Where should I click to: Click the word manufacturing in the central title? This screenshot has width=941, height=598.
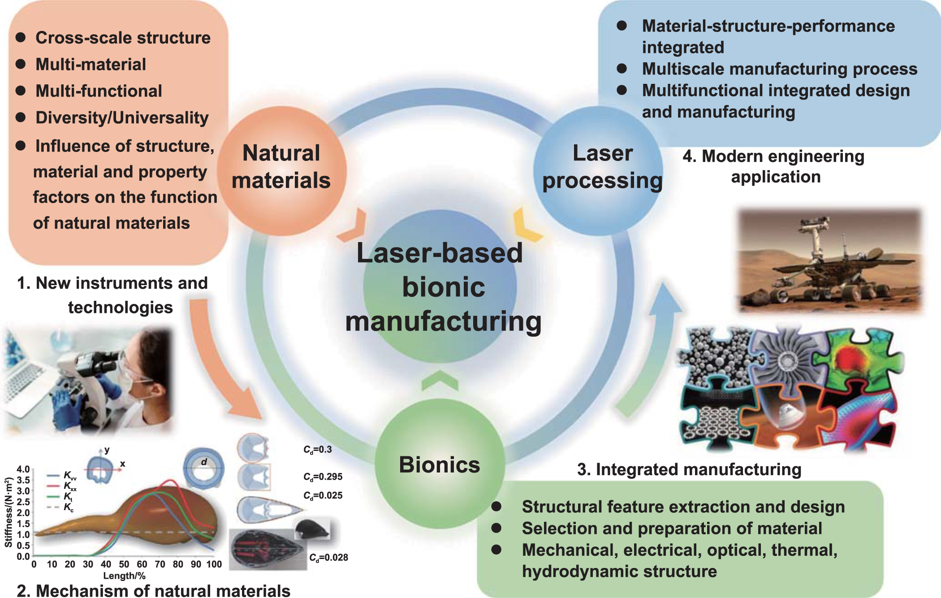coord(443,322)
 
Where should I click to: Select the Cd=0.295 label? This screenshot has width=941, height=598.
coord(323,477)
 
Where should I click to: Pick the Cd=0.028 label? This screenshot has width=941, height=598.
coord(328,558)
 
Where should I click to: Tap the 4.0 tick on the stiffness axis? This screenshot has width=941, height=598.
coord(23,469)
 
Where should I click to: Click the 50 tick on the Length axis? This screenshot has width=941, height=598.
coord(124,564)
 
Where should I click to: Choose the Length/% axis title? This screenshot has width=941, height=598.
coord(125,576)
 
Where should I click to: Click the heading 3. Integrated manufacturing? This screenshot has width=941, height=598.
coord(689,470)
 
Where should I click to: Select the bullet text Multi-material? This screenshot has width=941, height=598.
coord(91,65)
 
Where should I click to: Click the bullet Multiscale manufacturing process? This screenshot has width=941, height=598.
coord(779,69)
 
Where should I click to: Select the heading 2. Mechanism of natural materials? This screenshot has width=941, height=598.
coord(153,590)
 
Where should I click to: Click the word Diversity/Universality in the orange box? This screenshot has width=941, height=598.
coord(122,118)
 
